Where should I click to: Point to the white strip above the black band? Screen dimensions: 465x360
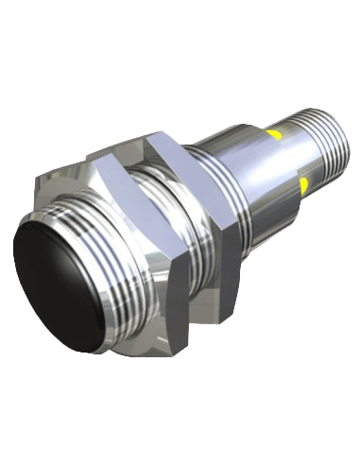(180, 47)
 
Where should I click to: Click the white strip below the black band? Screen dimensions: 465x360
(180, 416)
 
